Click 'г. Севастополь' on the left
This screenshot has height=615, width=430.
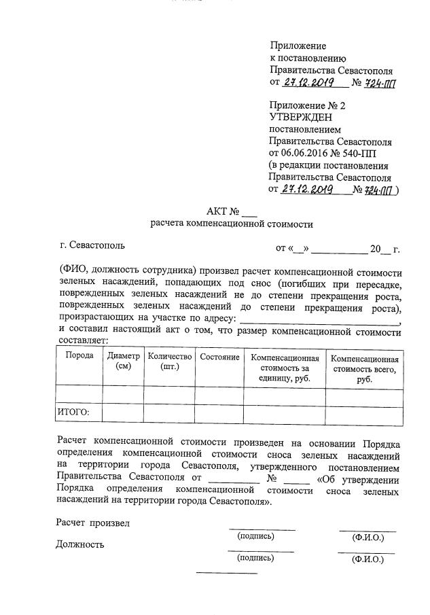click(92, 245)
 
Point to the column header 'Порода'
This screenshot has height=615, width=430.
click(79, 356)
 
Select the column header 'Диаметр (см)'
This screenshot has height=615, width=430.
click(123, 361)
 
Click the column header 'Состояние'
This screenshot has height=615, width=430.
click(219, 357)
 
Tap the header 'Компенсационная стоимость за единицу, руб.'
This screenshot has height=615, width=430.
click(284, 368)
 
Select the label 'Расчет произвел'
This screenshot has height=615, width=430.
click(92, 523)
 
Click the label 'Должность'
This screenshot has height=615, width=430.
click(81, 544)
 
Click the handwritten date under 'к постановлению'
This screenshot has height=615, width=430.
click(307, 83)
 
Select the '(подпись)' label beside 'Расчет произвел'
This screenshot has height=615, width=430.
click(255, 536)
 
